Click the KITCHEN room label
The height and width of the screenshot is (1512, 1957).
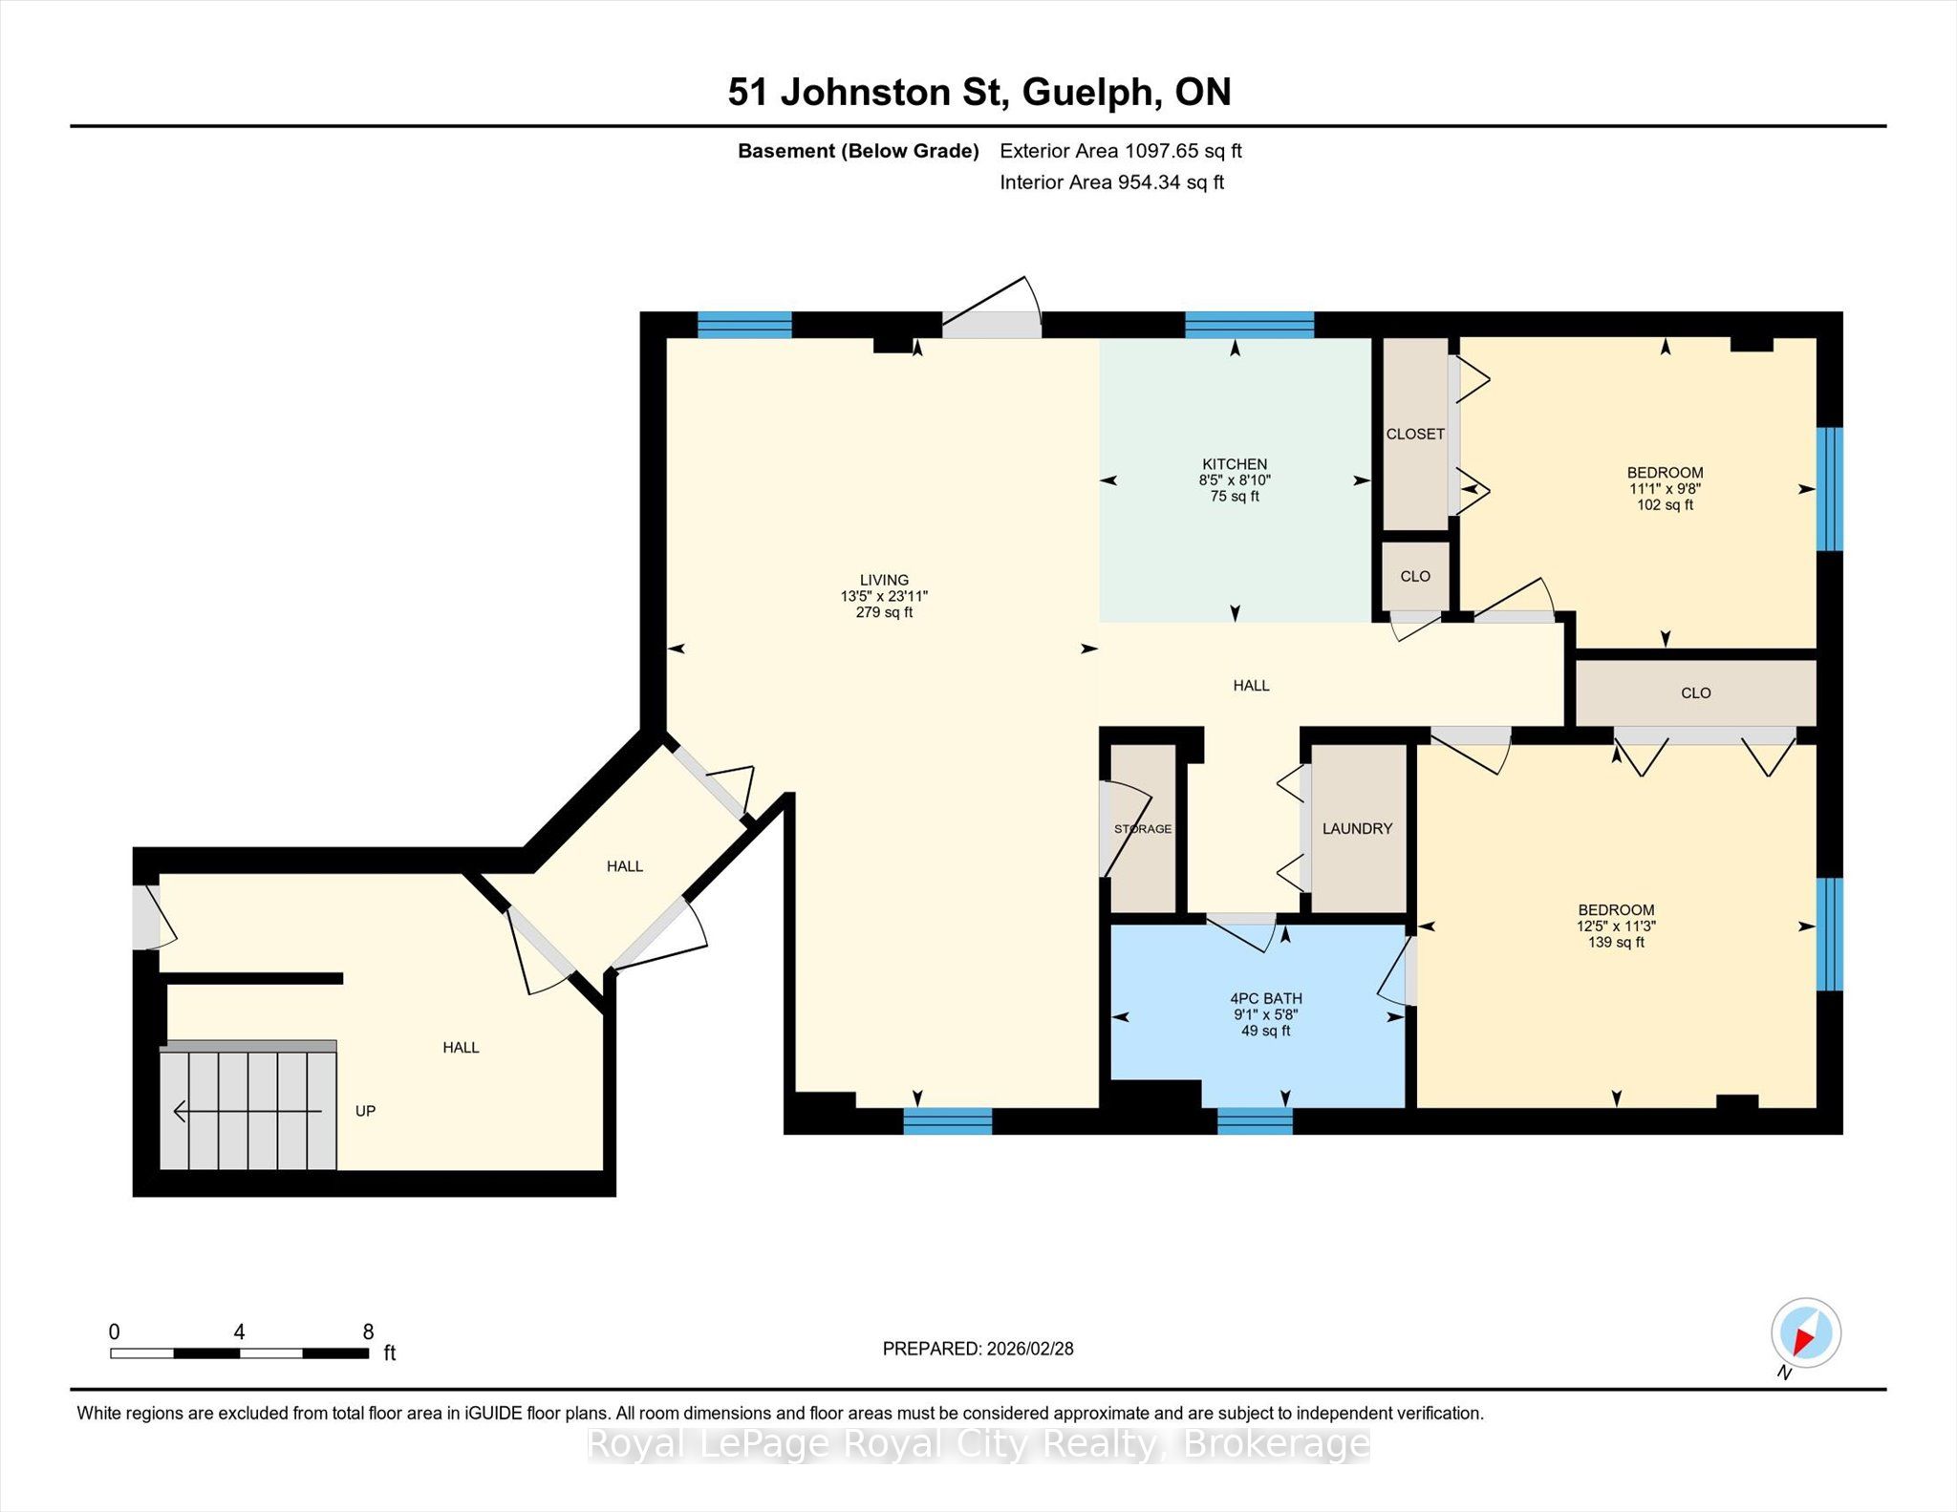click(x=1235, y=464)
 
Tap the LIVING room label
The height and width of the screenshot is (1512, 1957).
click(x=884, y=580)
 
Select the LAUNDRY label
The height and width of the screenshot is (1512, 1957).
click(x=1357, y=829)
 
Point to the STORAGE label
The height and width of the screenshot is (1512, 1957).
click(x=1143, y=829)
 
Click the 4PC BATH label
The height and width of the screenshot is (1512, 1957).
click(x=1266, y=999)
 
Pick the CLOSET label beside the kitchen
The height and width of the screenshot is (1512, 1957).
click(x=1415, y=434)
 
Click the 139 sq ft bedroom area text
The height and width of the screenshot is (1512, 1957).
click(x=1616, y=943)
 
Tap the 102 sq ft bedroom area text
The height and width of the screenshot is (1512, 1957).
click(x=1665, y=505)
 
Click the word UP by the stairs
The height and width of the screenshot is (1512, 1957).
click(x=365, y=1111)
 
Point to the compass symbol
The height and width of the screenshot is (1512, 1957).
click(x=1805, y=1333)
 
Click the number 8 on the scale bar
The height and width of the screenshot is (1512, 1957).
click(x=368, y=1331)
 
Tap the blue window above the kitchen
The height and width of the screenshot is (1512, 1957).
click(x=1249, y=325)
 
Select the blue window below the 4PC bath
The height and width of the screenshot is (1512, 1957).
click(x=1255, y=1120)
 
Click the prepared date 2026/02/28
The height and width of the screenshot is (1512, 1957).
click(x=1030, y=1349)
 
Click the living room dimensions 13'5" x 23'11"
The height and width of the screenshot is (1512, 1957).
click(x=884, y=596)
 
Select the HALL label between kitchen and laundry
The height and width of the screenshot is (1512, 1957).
click(x=1251, y=686)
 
